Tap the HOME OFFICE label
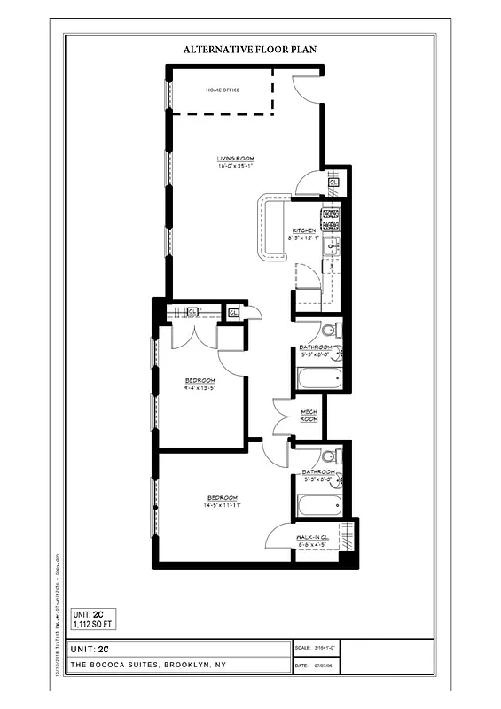point(223,90)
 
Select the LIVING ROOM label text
point(235,158)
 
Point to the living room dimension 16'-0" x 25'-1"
point(235,166)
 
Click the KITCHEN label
point(304,230)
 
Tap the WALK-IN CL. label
point(314,537)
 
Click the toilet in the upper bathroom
point(327,331)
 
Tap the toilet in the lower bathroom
point(327,456)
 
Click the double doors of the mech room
point(286,417)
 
